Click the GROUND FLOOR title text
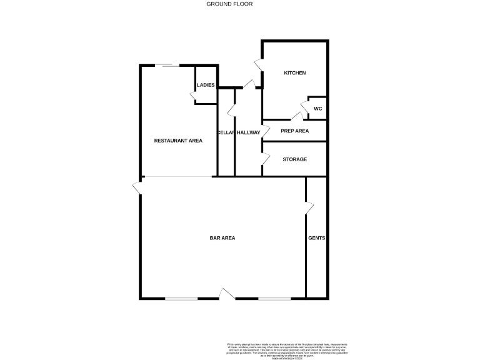pyautogui.click(x=229, y=4)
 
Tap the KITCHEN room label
pyautogui.click(x=295, y=73)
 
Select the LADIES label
pyautogui.click(x=206, y=85)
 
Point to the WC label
pyautogui.click(x=317, y=109)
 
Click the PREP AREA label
pyautogui.click(x=294, y=131)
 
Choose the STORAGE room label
pyautogui.click(x=294, y=159)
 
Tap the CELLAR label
pyautogui.click(x=226, y=132)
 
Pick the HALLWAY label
pyautogui.click(x=248, y=132)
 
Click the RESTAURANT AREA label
pyautogui.click(x=178, y=141)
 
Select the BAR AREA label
pyautogui.click(x=222, y=238)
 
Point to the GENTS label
pyautogui.click(x=316, y=238)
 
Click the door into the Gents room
pyautogui.click(x=308, y=208)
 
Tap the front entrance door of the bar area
pyautogui.click(x=227, y=294)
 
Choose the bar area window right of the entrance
pyautogui.click(x=274, y=298)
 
